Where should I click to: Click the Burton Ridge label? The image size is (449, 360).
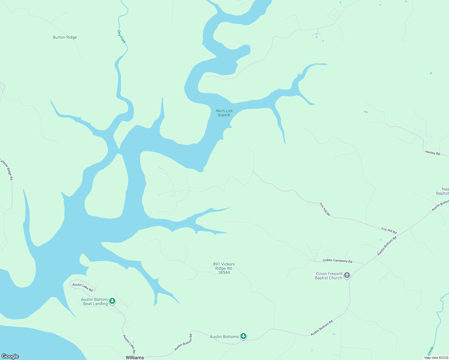tap(65, 37)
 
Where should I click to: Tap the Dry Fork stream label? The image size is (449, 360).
tap(121, 37)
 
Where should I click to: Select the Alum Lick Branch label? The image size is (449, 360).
tap(224, 113)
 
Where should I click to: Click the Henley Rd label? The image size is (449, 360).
tap(432, 153)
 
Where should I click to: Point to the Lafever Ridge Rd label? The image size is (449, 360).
tap(7, 169)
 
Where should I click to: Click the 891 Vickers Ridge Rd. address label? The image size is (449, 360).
tap(224, 268)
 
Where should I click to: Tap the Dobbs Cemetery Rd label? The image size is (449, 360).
tap(337, 261)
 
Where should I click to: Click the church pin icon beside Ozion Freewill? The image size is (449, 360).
tap(347, 275)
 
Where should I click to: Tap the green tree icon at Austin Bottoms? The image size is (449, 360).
tap(244, 336)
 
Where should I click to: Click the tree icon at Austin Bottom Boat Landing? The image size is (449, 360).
tap(112, 301)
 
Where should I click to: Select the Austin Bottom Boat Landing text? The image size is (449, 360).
tap(95, 301)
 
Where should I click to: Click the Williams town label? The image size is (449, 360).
tap(135, 357)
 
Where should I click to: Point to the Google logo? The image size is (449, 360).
tap(10, 356)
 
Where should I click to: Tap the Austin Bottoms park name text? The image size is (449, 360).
tap(224, 337)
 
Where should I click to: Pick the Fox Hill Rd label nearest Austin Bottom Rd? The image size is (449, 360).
tap(389, 231)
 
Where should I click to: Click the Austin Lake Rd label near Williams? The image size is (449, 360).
tap(129, 344)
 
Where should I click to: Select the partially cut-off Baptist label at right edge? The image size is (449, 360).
tap(443, 191)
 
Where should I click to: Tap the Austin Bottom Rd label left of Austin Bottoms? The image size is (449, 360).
tap(183, 342)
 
